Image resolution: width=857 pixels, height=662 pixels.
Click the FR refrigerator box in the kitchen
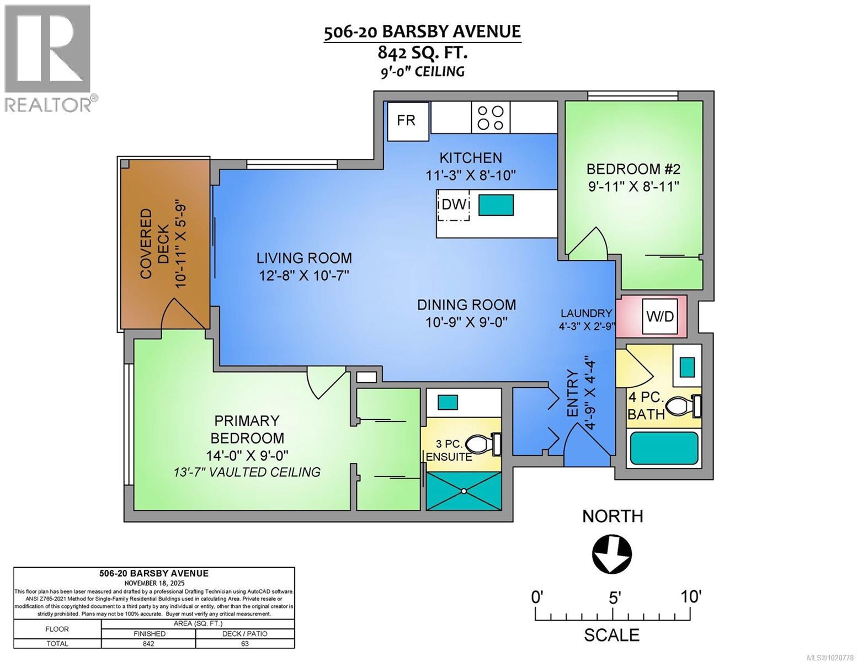[x=407, y=121]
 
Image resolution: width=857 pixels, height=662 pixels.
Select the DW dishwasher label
[x=454, y=205]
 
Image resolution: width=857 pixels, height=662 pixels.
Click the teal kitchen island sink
[x=496, y=205]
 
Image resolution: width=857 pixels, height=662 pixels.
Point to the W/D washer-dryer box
[x=660, y=317]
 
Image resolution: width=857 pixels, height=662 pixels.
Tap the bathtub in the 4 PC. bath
[x=663, y=448]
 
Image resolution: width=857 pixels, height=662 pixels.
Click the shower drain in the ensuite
[x=464, y=491]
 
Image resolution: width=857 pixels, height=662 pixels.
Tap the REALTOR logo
[x=48, y=58]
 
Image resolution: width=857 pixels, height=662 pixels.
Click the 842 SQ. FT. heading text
[x=422, y=52]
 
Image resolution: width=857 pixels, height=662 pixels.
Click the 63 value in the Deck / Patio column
[x=244, y=643]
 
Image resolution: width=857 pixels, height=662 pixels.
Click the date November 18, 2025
[x=154, y=583]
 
